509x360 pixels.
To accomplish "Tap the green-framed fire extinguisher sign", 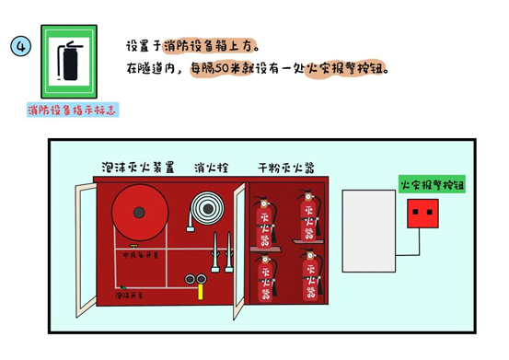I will [x=69, y=61].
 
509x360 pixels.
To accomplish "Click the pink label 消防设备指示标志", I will [x=73, y=110].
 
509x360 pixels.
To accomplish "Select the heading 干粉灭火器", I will [x=286, y=168].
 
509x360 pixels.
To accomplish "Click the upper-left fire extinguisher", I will [x=265, y=220].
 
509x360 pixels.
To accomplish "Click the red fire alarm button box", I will [x=423, y=215].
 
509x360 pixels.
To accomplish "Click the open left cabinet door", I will [x=86, y=248].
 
